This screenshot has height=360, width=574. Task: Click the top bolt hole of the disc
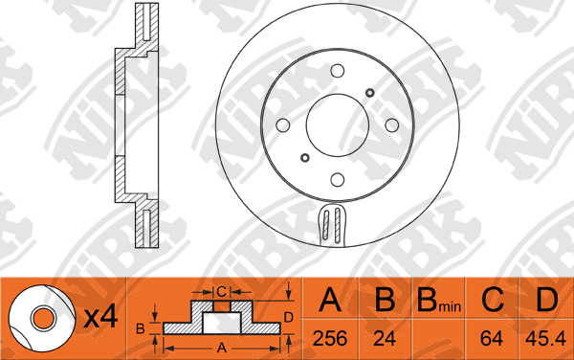[337, 71]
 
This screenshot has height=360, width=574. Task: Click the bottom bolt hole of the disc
[337, 179]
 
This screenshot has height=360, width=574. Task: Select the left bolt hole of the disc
[282, 125]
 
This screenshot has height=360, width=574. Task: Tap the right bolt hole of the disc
[392, 125]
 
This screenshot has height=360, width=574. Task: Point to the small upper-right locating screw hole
[370, 92]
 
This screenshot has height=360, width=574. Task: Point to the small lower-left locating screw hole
[304, 158]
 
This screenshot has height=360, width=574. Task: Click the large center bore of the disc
[337, 125]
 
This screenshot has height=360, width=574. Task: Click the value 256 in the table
[330, 338]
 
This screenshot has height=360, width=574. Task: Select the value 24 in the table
[385, 338]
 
